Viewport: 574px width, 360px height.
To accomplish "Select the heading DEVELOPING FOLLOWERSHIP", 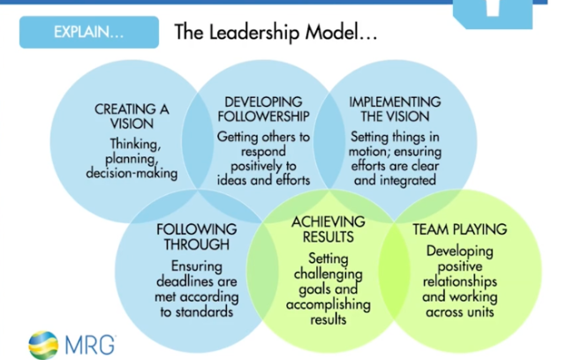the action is click(x=263, y=109).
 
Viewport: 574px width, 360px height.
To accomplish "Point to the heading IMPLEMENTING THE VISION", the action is click(x=389, y=109).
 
